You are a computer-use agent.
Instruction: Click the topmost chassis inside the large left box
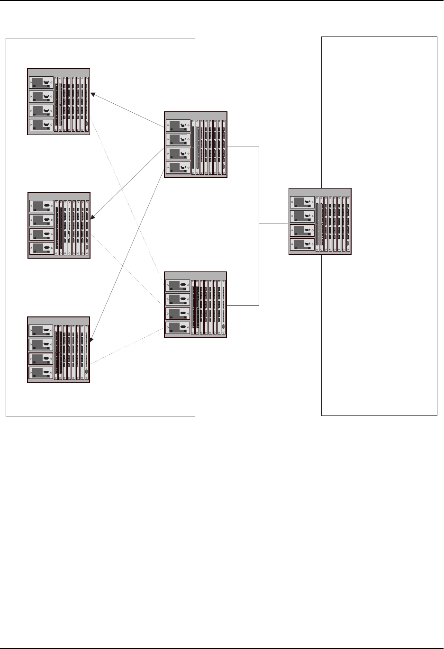coord(59,102)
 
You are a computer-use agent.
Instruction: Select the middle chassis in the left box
coord(59,225)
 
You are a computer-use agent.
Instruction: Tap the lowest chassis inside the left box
coord(59,350)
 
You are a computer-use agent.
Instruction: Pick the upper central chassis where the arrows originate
coord(195,144)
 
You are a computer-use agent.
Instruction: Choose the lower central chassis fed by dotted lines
coord(195,305)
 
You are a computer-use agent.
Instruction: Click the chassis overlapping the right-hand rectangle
coord(320,221)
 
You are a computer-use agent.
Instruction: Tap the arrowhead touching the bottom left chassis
coord(92,339)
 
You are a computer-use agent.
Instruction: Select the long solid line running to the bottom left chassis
coord(128,256)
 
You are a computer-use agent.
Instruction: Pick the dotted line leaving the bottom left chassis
coord(128,347)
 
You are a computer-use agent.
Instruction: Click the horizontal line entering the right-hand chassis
coord(274,224)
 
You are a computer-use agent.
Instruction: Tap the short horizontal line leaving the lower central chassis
coord(243,305)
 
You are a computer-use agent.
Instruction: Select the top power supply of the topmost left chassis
coord(41,82)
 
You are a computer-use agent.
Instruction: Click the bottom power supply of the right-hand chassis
coord(302,244)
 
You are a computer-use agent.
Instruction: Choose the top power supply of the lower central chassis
coord(178,285)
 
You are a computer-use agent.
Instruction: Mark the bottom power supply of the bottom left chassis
coord(41,372)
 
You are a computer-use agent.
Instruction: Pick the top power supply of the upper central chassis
coord(178,126)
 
